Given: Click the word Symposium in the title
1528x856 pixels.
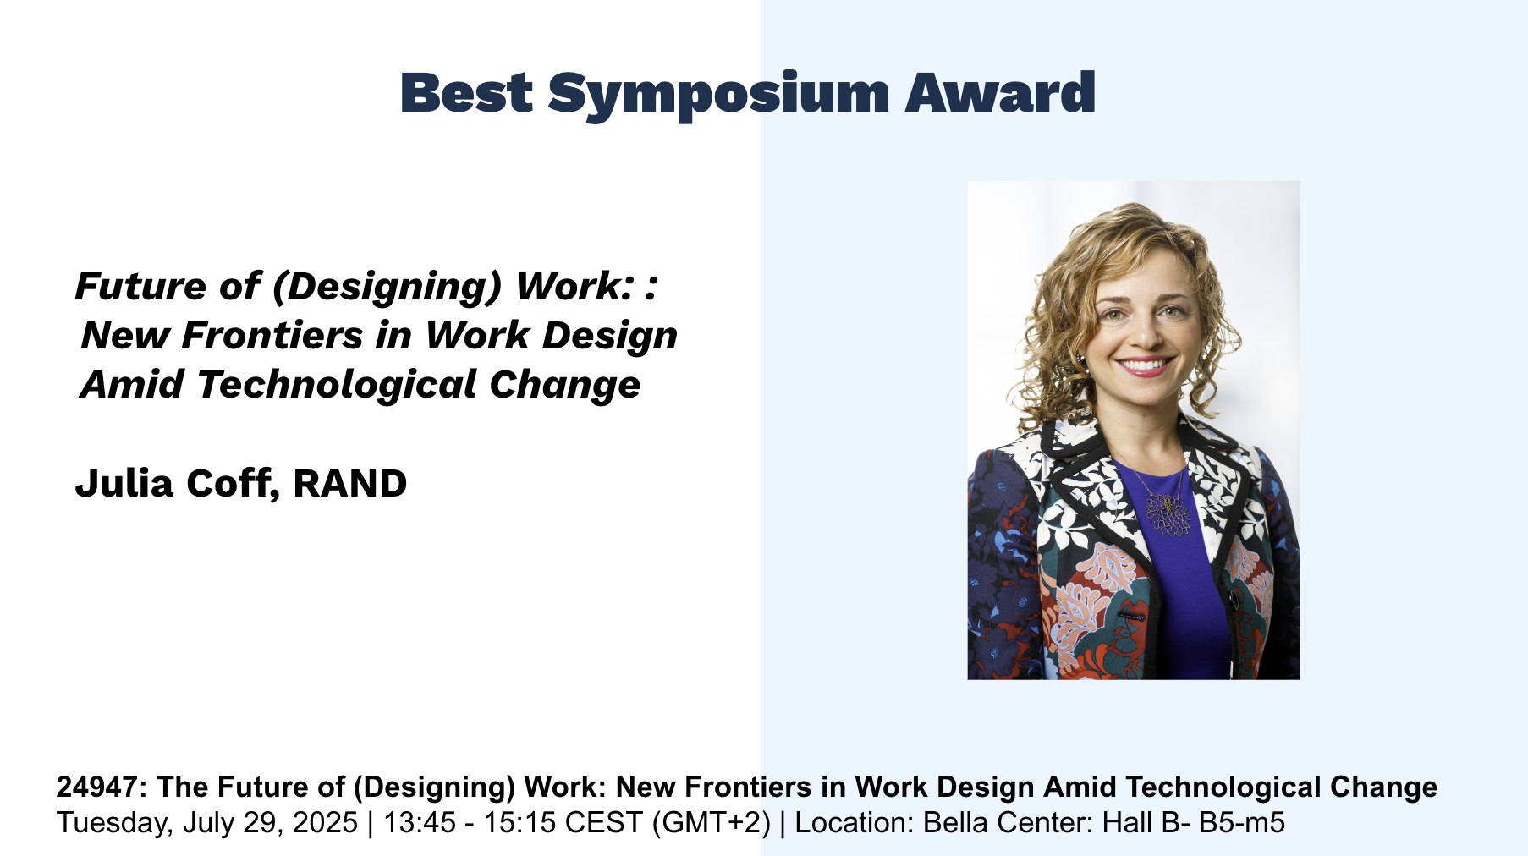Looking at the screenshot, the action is pos(718,94).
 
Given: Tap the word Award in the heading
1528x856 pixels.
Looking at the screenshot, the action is pos(1000,92).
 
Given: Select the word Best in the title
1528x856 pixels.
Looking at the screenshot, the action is pos(466,92).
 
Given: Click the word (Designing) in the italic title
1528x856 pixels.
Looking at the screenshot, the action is pos(387,288).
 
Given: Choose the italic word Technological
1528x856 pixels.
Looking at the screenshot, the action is pos(336,385).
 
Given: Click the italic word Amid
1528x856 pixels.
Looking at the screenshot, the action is pos(132,384).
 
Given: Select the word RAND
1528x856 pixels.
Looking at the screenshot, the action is pos(350,484).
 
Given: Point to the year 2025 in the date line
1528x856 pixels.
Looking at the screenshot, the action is pos(325,822).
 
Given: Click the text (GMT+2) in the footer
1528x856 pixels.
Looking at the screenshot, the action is pos(712,823).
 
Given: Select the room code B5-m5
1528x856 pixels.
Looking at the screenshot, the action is pos(1248,822).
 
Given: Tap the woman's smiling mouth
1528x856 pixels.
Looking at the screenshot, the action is pos(1144,366).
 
